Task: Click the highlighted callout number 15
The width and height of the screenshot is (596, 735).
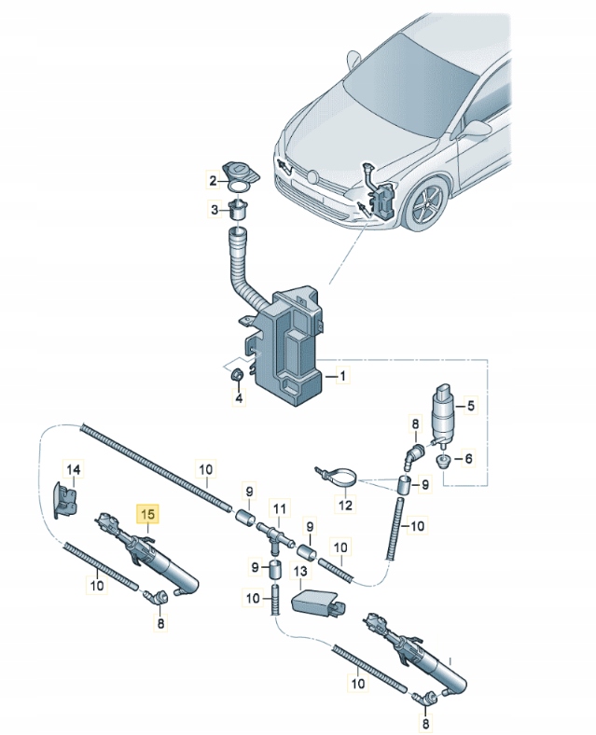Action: pos(148,513)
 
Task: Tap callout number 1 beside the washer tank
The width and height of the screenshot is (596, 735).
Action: pos(342,377)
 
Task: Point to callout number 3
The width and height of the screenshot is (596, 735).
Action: pos(238,399)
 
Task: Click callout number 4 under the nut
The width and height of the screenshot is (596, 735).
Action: pos(471,406)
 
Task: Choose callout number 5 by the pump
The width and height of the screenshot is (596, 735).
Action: pos(468,458)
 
